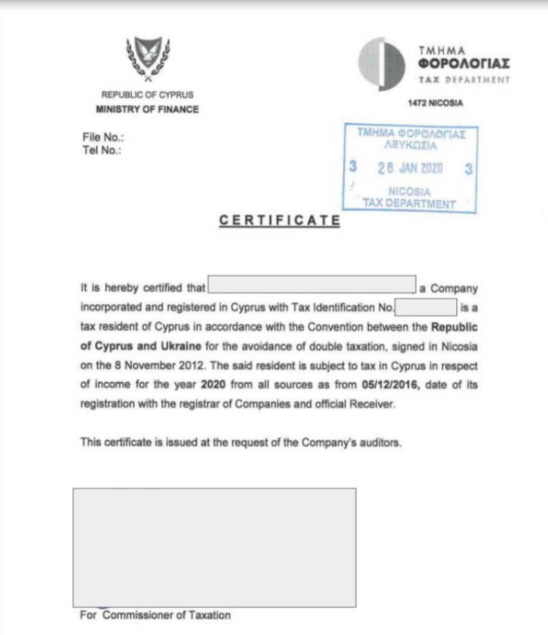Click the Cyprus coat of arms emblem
tap(148, 59)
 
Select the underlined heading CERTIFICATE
tap(280, 221)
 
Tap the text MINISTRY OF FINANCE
tap(148, 109)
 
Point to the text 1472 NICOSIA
tap(436, 104)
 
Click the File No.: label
tap(98, 137)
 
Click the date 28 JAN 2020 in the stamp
tap(410, 168)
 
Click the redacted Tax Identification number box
tap(426, 306)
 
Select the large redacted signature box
tap(215, 547)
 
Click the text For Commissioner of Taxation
tap(155, 615)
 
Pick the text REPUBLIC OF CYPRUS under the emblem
tap(148, 95)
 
